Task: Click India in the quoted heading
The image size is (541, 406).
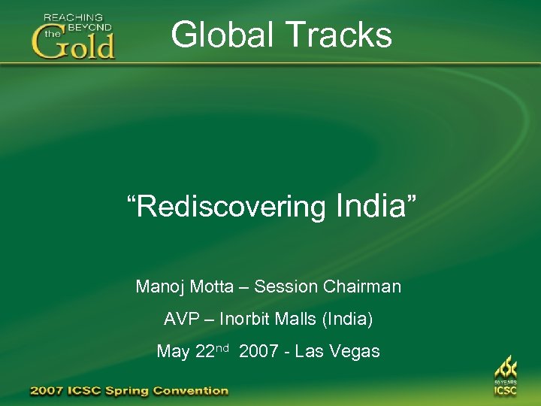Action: (367, 205)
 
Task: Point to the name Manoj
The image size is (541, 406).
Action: (159, 286)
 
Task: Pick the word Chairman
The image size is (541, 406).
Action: (362, 286)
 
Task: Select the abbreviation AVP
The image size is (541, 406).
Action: (182, 319)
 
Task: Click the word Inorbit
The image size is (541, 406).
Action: (247, 319)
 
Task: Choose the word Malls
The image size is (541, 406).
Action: (299, 319)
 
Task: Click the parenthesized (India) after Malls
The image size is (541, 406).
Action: (347, 319)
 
